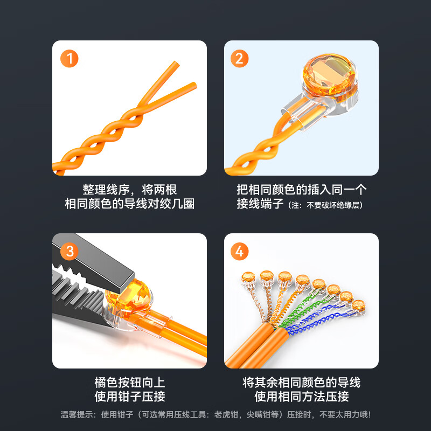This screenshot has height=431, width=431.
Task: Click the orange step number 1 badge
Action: pyautogui.click(x=69, y=58)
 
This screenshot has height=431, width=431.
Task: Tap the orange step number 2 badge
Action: pyautogui.click(x=239, y=58)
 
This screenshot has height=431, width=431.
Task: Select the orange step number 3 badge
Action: pyautogui.click(x=69, y=251)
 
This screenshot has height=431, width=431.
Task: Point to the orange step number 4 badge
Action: pyautogui.click(x=239, y=251)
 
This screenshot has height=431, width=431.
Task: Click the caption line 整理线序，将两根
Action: pyautogui.click(x=129, y=190)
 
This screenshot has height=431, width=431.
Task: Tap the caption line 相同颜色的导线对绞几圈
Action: pyautogui.click(x=129, y=204)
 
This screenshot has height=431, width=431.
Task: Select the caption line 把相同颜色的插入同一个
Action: pyautogui.click(x=301, y=190)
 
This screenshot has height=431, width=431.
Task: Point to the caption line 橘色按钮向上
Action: pyautogui.click(x=129, y=383)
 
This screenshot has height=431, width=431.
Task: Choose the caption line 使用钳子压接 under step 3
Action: pyautogui.click(x=129, y=397)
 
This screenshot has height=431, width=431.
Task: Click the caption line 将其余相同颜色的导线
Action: pyautogui.click(x=301, y=383)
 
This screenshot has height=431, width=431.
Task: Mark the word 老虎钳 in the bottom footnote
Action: pyautogui.click(x=233, y=415)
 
